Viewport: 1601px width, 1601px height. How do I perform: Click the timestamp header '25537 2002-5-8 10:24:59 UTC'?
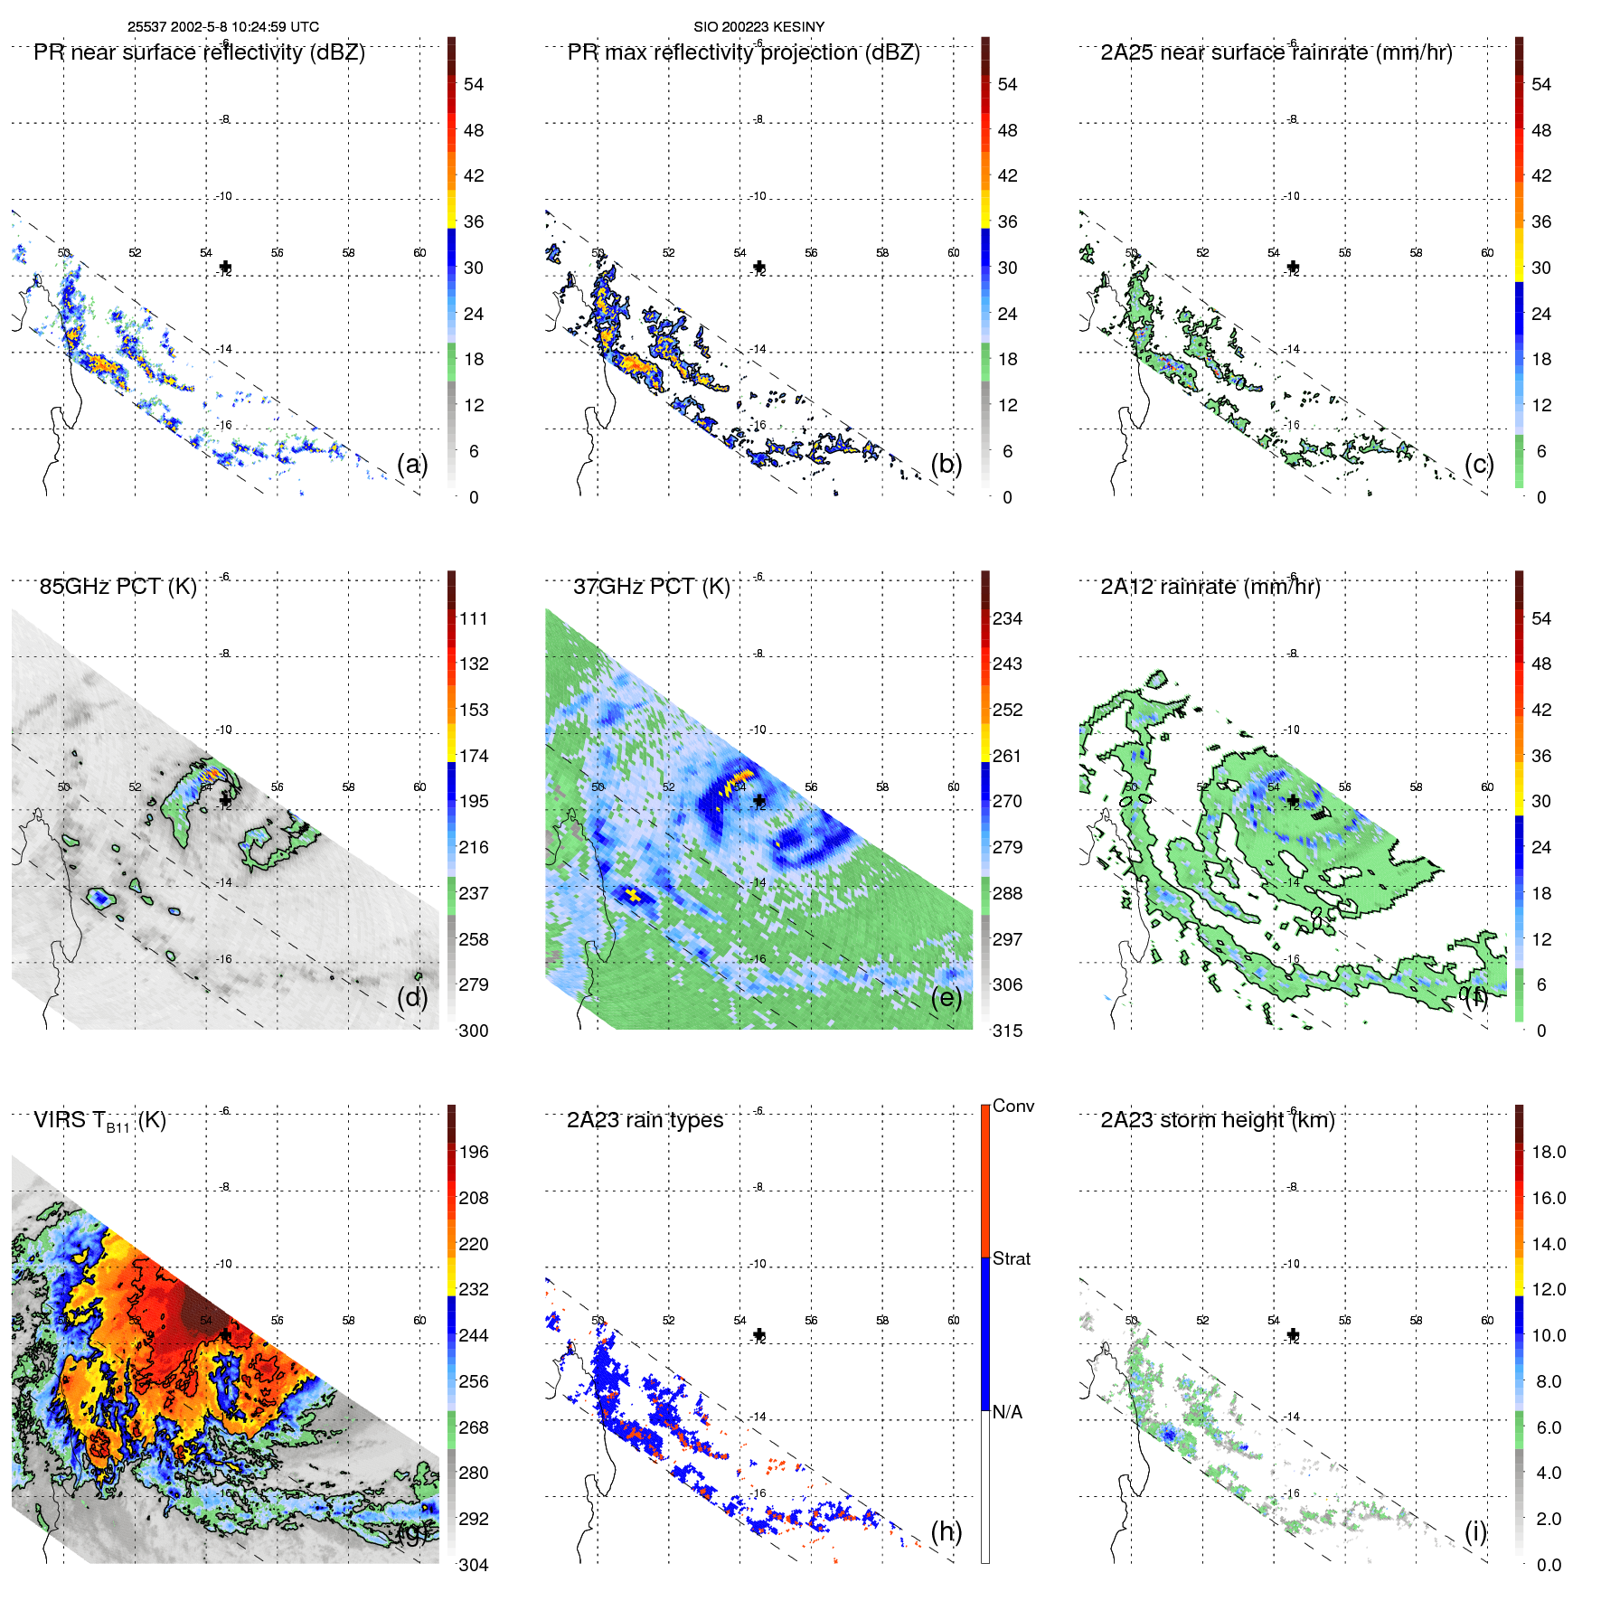(x=222, y=27)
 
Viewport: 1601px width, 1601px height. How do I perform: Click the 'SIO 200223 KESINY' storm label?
(x=758, y=27)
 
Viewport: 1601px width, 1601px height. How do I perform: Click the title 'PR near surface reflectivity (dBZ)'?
(x=199, y=52)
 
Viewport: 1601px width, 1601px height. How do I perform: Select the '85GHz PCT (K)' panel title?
(x=118, y=587)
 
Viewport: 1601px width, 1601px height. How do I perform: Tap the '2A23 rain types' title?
(x=645, y=1120)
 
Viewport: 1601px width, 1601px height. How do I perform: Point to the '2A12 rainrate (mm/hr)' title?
(x=1210, y=587)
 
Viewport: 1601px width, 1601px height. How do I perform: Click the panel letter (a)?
(x=412, y=465)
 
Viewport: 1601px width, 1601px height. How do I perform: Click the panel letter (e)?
(x=946, y=998)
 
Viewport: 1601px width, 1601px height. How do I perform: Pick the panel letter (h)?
(x=946, y=1531)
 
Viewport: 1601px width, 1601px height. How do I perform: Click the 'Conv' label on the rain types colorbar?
(x=1012, y=1107)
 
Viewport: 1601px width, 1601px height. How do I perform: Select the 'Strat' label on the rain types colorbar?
(x=1011, y=1259)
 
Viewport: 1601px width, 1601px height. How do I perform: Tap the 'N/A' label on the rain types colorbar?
(x=1007, y=1412)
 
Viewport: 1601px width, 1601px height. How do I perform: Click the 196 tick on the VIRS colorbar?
(x=474, y=1153)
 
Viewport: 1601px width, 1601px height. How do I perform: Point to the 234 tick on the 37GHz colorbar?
(x=1007, y=619)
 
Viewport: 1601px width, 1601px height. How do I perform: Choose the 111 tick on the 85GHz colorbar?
(x=474, y=619)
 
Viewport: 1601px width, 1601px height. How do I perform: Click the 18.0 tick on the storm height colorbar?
(x=1548, y=1153)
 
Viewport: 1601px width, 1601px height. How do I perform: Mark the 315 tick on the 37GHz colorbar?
(x=1007, y=1031)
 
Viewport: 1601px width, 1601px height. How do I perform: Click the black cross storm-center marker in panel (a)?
(x=225, y=267)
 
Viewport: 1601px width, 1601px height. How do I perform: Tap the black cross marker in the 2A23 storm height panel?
(x=1293, y=1334)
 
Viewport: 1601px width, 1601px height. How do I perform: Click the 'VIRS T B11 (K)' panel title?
(x=99, y=1121)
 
